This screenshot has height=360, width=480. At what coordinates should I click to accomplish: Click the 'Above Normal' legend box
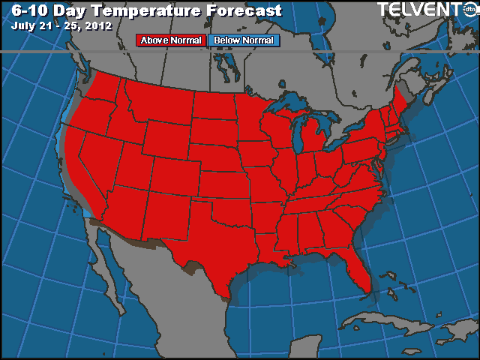coord(170,40)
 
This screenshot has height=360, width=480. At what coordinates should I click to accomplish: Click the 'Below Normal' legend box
coord(242,40)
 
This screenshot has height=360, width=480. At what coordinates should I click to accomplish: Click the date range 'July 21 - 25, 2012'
coord(61,25)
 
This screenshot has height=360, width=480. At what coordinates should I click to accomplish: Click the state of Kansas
coord(225,183)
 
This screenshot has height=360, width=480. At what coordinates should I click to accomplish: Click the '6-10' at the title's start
coord(28,10)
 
